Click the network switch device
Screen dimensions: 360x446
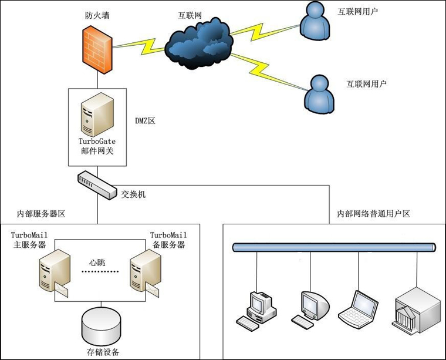coord(96,184)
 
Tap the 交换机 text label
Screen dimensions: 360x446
coord(133,194)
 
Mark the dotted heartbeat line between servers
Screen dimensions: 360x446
coord(99,272)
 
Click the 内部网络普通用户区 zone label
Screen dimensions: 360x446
coord(373,213)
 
